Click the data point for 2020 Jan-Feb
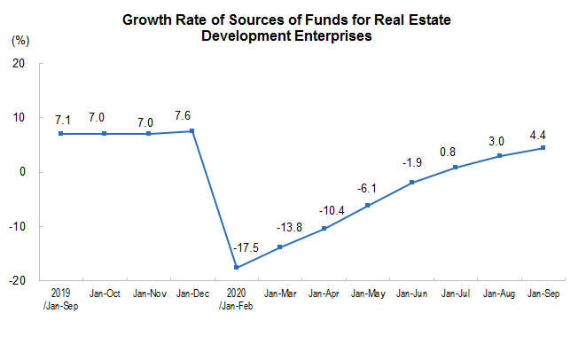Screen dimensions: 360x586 (x=237, y=268)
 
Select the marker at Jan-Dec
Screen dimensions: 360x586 (x=192, y=131)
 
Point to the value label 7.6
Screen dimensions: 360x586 (x=192, y=115)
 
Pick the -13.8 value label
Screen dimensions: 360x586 (x=281, y=229)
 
